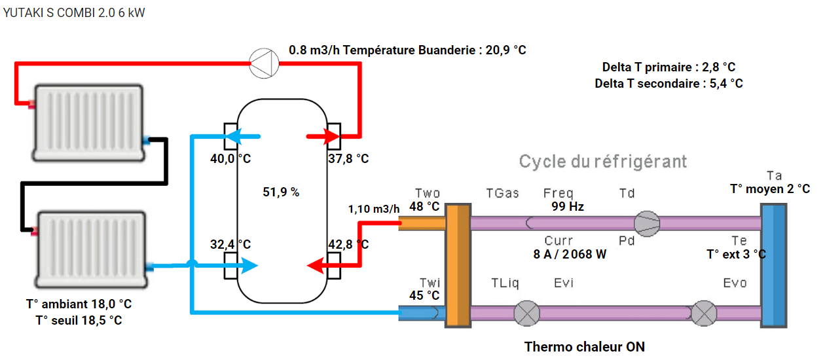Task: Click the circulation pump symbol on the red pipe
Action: pos(265,63)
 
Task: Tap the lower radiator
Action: pos(92,249)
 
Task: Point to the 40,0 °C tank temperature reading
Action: pos(230,159)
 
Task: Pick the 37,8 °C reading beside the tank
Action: pos(348,159)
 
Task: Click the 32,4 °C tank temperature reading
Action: pos(230,244)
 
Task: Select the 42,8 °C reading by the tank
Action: pos(348,244)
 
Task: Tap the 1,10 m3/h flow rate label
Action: pos(374,209)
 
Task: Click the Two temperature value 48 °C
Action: pos(425,206)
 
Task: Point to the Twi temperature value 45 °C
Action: pos(425,295)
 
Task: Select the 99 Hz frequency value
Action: pos(567,206)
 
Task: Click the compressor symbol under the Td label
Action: pos(648,223)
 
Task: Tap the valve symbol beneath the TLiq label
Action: pos(526,313)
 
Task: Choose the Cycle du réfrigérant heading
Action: pos(603,161)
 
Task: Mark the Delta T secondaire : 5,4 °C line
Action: pos(669,84)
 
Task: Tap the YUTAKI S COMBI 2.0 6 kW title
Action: pos(73,13)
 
